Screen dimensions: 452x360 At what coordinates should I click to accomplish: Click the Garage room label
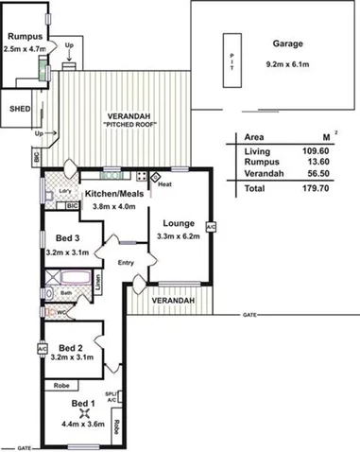(286, 44)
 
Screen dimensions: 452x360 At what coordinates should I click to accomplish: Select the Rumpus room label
(23, 36)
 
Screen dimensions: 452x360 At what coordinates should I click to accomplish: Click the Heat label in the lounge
(164, 184)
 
